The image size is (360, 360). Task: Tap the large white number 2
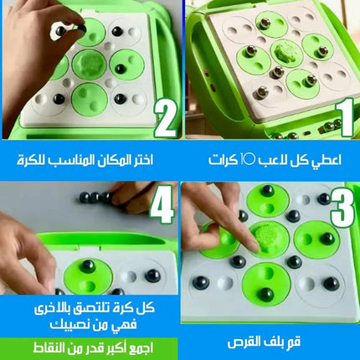pyautogui.click(x=166, y=118)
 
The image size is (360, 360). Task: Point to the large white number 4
pyautogui.click(x=162, y=204)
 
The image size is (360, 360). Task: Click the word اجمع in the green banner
pyautogui.click(x=141, y=347)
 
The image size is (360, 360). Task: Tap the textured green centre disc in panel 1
pyautogui.click(x=283, y=53)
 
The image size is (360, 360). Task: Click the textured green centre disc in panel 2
pyautogui.click(x=90, y=64)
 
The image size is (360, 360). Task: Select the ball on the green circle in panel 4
pyautogui.click(x=88, y=265)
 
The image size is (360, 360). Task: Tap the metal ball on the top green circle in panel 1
pyautogui.click(x=265, y=23)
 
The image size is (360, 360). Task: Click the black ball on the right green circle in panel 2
pyautogui.click(x=120, y=69)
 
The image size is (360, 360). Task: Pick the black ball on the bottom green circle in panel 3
pyautogui.click(x=265, y=294)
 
